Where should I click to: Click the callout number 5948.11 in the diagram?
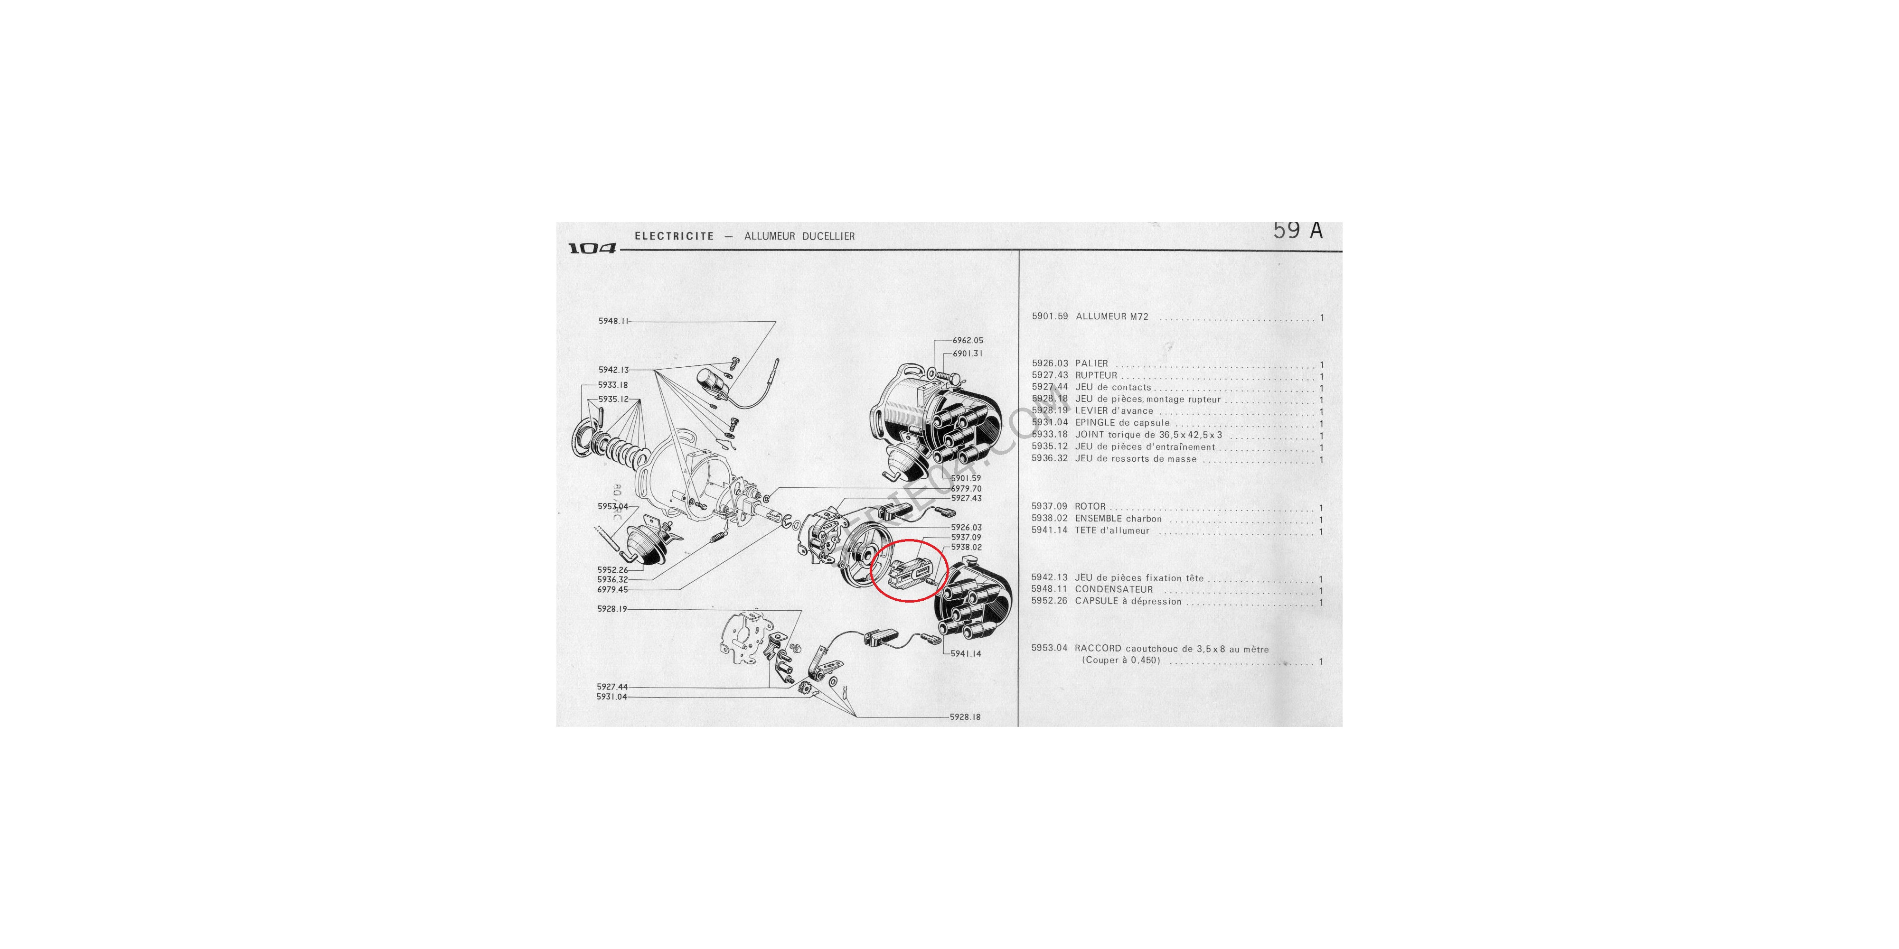[x=612, y=321]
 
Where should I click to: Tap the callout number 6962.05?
[x=967, y=340]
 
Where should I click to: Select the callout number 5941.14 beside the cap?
[x=966, y=653]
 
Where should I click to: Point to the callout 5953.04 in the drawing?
[x=612, y=506]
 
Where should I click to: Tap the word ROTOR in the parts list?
[x=1091, y=507]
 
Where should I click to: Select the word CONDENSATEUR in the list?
[x=1114, y=589]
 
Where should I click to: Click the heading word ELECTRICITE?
[x=674, y=236]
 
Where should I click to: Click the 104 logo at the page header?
[x=592, y=248]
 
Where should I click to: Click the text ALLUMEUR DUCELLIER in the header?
[x=799, y=236]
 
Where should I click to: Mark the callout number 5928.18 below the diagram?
[x=965, y=717]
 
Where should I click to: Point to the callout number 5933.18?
[x=612, y=385]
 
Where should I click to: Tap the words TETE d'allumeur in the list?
[x=1112, y=530]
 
